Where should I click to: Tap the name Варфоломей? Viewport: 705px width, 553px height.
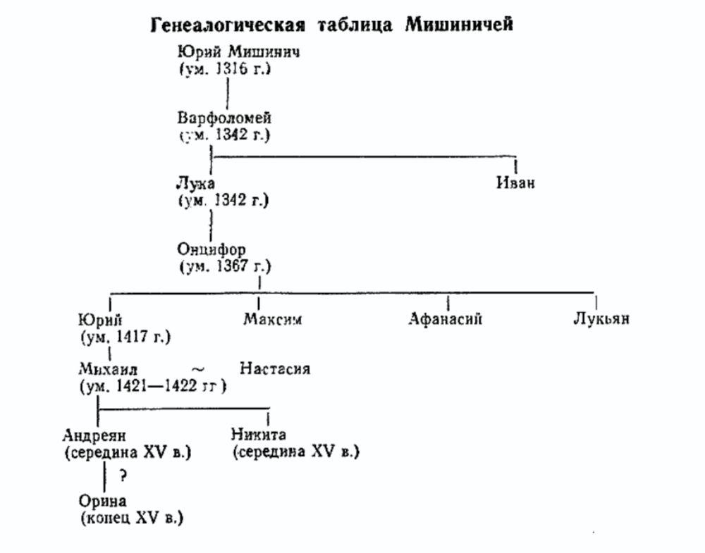point(224,118)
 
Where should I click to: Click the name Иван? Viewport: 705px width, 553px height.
point(515,184)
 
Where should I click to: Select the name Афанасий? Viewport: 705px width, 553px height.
point(446,318)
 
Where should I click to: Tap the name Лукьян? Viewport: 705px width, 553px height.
point(601,318)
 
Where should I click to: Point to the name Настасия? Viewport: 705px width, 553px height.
point(275,368)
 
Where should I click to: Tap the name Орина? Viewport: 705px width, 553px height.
point(102,502)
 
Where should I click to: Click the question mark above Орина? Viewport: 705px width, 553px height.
point(123,476)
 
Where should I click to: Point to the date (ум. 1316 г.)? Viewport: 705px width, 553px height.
point(225,69)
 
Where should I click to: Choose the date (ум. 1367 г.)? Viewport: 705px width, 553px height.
point(225,267)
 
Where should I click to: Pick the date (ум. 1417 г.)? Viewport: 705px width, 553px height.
point(125,335)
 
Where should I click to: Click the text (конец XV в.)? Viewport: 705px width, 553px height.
point(131,518)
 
